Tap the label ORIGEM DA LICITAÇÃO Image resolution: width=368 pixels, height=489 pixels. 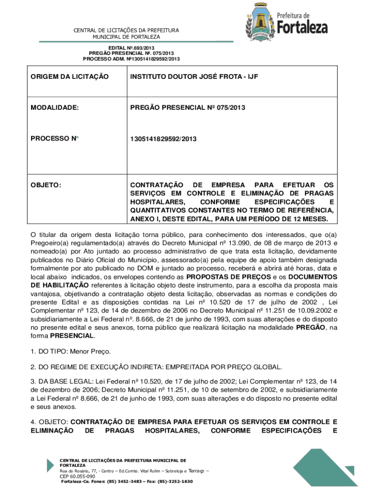click(x=70, y=76)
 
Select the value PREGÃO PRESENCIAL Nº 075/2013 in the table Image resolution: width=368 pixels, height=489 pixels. click(x=188, y=108)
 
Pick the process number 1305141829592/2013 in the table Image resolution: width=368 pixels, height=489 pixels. click(x=163, y=138)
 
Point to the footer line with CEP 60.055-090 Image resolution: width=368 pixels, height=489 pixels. click(x=77, y=476)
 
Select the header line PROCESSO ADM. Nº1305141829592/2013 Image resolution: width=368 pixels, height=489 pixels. click(x=131, y=59)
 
